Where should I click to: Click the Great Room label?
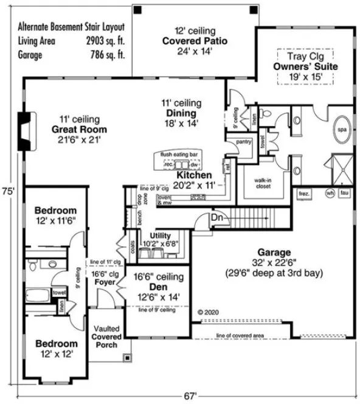pos(79,130)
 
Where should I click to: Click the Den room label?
pos(157,287)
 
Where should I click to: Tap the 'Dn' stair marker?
pos(218,217)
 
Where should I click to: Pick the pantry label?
pos(244,142)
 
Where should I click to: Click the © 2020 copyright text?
pos(208,312)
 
